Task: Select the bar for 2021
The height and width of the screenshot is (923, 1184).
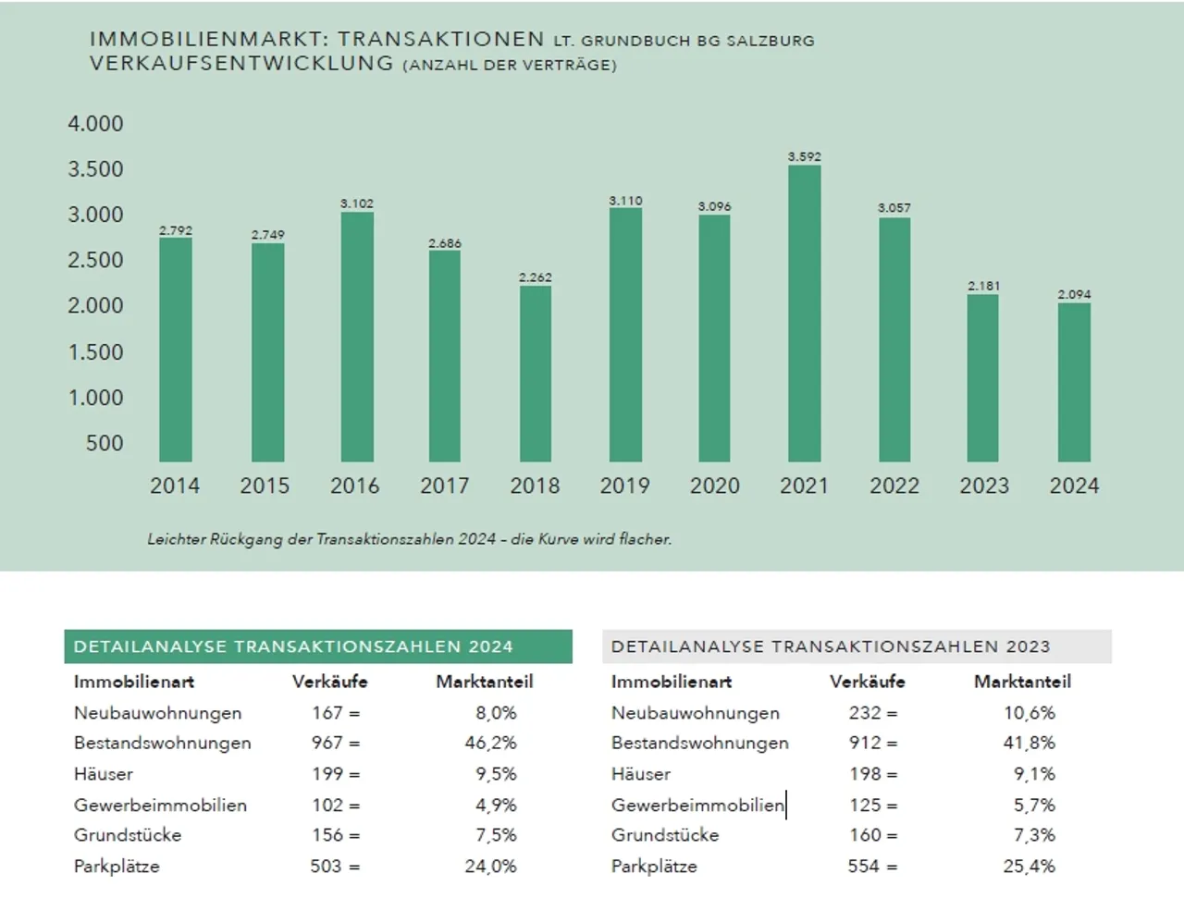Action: tap(804, 314)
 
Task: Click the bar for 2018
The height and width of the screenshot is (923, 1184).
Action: tap(535, 374)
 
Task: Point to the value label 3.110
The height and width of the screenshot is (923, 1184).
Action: tap(625, 201)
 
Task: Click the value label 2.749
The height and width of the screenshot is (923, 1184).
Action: tap(268, 235)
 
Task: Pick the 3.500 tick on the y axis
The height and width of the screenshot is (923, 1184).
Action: tap(95, 169)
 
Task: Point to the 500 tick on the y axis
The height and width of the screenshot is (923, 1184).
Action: tap(105, 443)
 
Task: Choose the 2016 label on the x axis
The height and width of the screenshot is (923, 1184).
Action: tap(355, 486)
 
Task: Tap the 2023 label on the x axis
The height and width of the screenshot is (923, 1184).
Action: tap(984, 486)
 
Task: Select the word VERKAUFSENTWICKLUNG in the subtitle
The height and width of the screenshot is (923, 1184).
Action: tap(241, 64)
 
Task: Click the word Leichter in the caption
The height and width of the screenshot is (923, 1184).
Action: tap(176, 539)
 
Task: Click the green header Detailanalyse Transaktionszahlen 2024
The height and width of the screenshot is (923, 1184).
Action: tap(318, 646)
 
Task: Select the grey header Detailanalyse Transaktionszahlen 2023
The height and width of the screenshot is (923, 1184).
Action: tap(856, 646)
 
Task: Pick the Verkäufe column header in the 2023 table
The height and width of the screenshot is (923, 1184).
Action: tap(867, 682)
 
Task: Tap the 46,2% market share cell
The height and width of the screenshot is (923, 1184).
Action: tap(490, 743)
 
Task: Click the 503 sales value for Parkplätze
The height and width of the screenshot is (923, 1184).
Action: tap(326, 867)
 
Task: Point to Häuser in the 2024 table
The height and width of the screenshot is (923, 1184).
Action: tap(104, 774)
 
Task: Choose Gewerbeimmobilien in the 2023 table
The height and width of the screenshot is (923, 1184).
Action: tap(697, 806)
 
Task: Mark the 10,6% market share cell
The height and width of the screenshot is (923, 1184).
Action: tap(1029, 713)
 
